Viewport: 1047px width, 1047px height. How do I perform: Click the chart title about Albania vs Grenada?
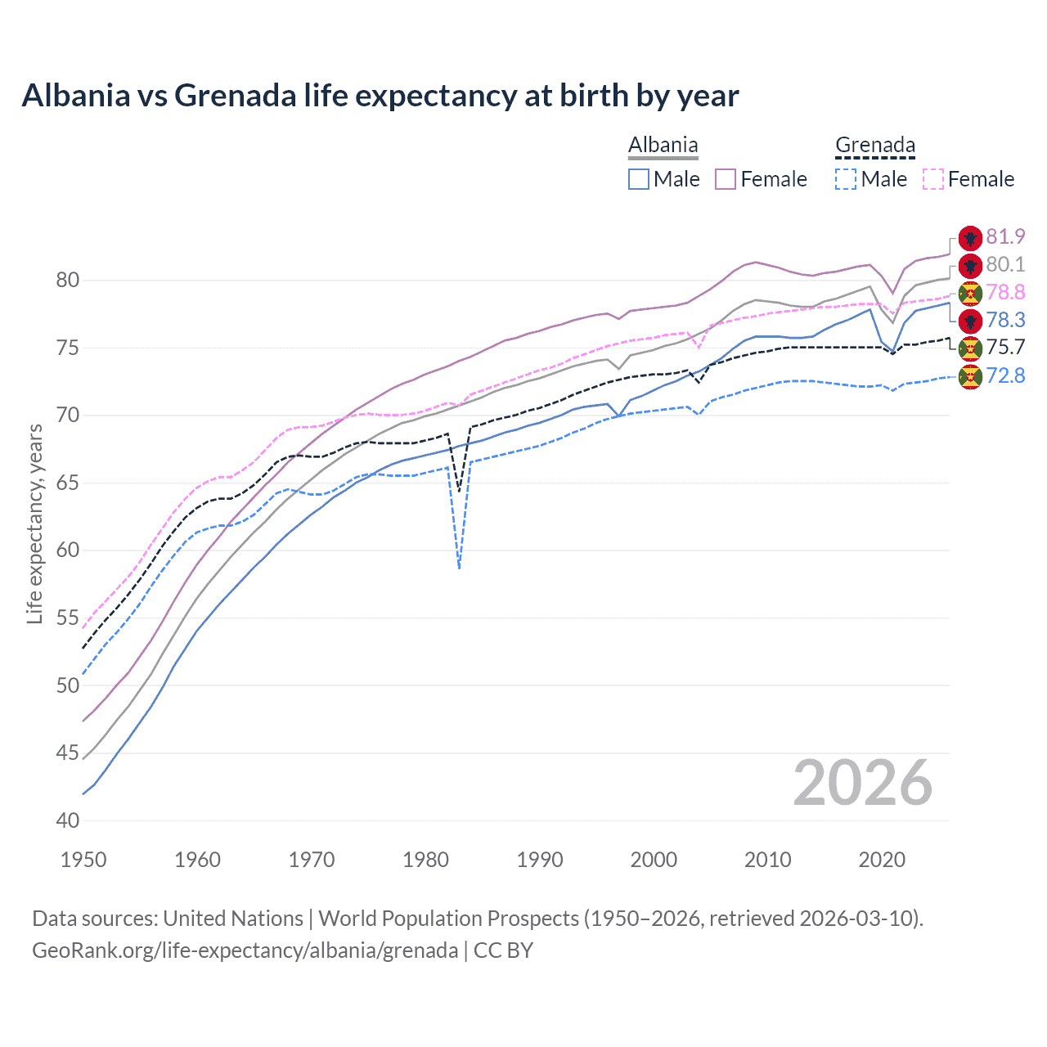[380, 96]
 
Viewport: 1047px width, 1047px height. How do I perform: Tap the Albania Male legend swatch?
[639, 179]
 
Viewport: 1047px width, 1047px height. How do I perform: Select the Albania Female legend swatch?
[726, 179]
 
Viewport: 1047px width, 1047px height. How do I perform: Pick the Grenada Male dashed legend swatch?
[846, 179]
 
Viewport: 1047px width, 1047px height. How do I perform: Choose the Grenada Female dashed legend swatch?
[932, 179]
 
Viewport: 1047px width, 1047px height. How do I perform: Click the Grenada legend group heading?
[874, 146]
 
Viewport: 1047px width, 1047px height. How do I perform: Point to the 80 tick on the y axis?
[68, 281]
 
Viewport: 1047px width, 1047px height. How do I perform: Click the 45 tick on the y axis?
[68, 753]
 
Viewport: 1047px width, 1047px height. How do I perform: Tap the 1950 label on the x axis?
[83, 860]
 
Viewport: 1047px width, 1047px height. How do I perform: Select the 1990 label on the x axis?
[540, 860]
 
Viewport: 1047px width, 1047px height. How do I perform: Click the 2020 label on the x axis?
[882, 860]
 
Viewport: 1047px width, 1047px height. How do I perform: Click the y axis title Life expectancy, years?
[34, 523]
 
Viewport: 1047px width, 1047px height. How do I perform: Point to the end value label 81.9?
[1005, 237]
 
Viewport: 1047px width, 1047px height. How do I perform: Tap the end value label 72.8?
[1005, 376]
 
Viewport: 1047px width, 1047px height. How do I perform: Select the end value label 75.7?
[1005, 348]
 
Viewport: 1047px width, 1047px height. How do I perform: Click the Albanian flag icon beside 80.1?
[970, 265]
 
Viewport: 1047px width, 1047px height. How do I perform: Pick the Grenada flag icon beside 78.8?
[970, 293]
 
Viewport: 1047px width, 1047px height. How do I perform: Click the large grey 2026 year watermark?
[862, 784]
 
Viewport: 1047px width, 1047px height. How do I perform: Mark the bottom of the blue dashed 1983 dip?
[460, 568]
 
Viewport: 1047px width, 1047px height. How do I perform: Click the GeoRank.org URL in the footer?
[245, 950]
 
